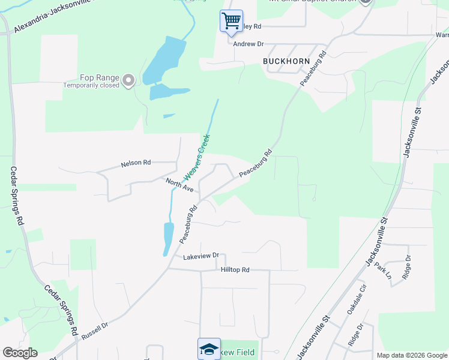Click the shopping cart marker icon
pyautogui.click(x=231, y=21)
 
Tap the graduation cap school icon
pyautogui.click(x=209, y=349)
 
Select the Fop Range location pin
pyautogui.click(x=128, y=80)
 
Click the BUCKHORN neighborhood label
pyautogui.click(x=286, y=61)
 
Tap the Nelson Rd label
pyautogui.click(x=136, y=163)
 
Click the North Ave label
pyautogui.click(x=180, y=184)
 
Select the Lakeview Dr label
pyautogui.click(x=201, y=256)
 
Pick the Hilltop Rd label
pyautogui.click(x=235, y=270)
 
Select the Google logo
pyautogui.click(x=20, y=353)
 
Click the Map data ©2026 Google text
pyautogui.click(x=411, y=355)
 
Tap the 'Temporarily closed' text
pyautogui.click(x=92, y=85)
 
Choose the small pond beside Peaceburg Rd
pyautogui.click(x=168, y=238)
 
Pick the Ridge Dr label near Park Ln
pyautogui.click(x=407, y=267)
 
